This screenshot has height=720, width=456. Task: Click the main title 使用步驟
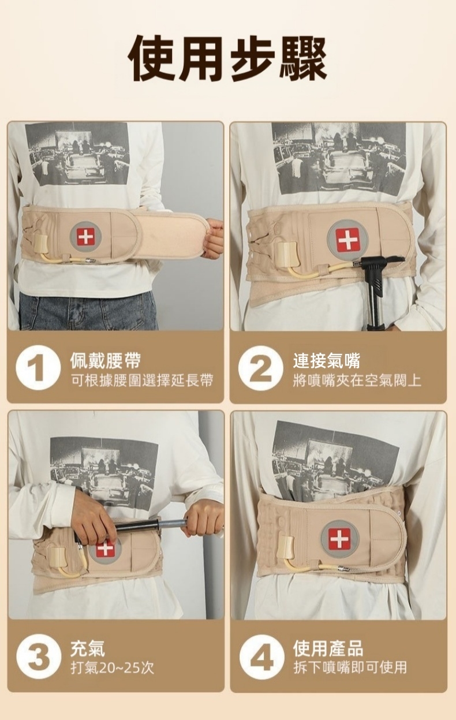pyautogui.click(x=227, y=58)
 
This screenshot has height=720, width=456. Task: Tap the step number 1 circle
pyautogui.click(x=38, y=368)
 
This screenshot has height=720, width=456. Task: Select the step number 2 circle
pyautogui.click(x=261, y=368)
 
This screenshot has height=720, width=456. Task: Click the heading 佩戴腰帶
pyautogui.click(x=106, y=360)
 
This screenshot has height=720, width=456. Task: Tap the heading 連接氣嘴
pyautogui.click(x=327, y=360)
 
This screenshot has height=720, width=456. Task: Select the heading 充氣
pyautogui.click(x=88, y=648)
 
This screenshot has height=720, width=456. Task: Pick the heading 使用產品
pyautogui.click(x=328, y=648)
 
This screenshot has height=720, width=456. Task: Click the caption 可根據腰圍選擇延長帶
pyautogui.click(x=142, y=380)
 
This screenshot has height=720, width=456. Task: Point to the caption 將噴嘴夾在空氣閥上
pyautogui.click(x=357, y=380)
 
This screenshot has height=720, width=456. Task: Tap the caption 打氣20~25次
pyautogui.click(x=113, y=668)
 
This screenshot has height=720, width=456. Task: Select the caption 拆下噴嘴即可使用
pyautogui.click(x=350, y=668)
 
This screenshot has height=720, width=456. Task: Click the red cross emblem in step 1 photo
pyautogui.click(x=86, y=236)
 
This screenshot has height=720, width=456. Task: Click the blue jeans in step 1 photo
pyautogui.click(x=88, y=311)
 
